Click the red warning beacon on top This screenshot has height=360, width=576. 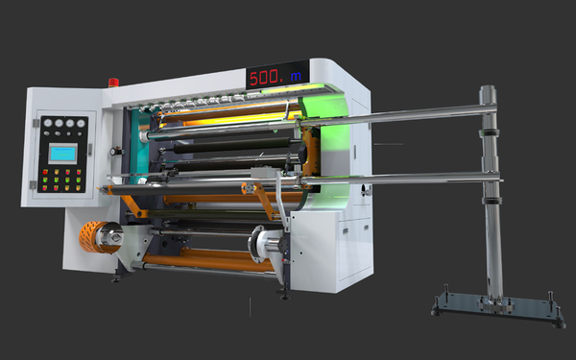(x=113, y=83)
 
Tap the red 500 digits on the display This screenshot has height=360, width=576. (x=264, y=78)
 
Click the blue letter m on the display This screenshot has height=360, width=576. (x=296, y=76)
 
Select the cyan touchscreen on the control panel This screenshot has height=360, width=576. (x=62, y=154)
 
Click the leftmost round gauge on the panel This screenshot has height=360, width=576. (x=48, y=123)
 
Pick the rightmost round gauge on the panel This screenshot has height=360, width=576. (x=81, y=124)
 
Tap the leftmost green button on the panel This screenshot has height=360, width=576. (x=45, y=180)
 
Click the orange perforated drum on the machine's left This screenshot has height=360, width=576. (x=94, y=237)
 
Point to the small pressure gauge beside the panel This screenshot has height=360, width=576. (x=112, y=151)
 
